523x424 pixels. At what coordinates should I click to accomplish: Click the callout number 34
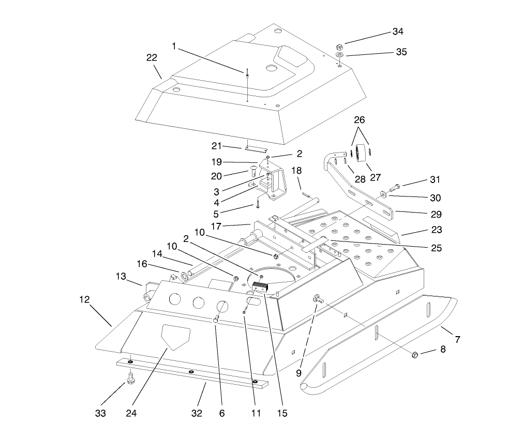click(x=398, y=32)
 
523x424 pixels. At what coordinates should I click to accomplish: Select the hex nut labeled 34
click(x=339, y=46)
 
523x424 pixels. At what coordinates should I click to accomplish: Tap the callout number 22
click(x=152, y=57)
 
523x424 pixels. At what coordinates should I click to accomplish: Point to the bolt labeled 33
click(x=130, y=380)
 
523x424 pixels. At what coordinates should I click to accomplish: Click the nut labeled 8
click(x=414, y=355)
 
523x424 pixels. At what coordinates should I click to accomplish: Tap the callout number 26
click(x=359, y=119)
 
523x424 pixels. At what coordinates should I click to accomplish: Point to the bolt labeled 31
click(x=397, y=185)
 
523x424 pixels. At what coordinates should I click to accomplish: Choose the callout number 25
click(x=436, y=248)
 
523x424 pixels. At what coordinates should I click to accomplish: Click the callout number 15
click(x=282, y=413)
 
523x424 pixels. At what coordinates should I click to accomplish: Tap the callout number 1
click(x=174, y=46)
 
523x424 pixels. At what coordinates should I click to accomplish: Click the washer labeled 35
click(x=339, y=55)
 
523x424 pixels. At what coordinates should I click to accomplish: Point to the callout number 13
click(x=120, y=276)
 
